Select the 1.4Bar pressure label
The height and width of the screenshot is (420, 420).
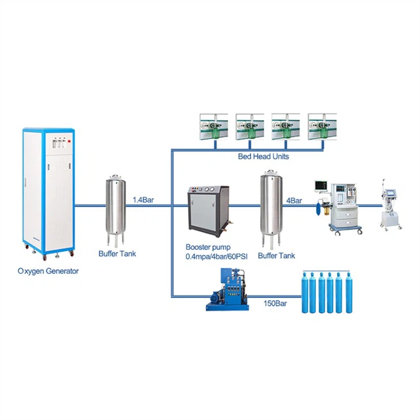143,200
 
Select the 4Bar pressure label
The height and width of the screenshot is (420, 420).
294,200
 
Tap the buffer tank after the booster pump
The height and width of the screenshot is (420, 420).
270,204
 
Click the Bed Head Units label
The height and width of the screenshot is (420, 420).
263,156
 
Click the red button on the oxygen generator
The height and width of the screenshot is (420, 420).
70,140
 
